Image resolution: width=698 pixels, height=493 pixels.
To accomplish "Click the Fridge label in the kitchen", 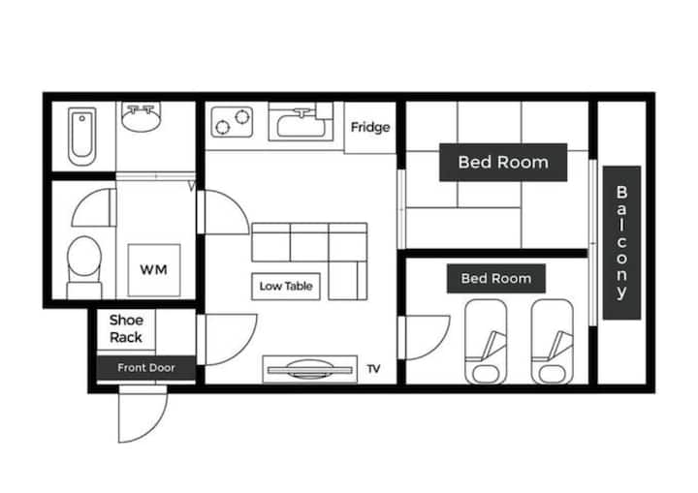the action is coord(370,127).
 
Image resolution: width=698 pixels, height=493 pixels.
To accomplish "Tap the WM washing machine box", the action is coord(154,270).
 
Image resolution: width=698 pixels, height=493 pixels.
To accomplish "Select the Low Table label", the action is coord(286,286).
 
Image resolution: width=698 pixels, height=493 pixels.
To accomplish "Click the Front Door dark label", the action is coord(146,368).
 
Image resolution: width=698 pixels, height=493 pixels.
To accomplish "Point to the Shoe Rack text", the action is coord(126,328).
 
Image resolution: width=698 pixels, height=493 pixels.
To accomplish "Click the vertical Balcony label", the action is coord(621,242).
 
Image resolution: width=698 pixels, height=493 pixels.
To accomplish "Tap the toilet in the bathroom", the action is coord(84,267).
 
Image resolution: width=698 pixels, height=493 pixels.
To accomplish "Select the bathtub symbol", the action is coord(81,137).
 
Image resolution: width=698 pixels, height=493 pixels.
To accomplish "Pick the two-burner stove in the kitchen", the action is coord(232,121).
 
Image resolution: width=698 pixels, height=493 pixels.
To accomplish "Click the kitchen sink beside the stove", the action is coord(301,122).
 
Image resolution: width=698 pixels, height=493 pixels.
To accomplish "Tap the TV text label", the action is coord(373,369).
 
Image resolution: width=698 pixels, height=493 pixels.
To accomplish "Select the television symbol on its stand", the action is coord(310,369).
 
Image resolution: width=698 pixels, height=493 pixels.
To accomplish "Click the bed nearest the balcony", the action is coord(553,342).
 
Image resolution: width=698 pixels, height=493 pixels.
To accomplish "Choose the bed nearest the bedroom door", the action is coord(486,342).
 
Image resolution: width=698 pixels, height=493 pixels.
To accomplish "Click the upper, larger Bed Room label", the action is coord(503,163).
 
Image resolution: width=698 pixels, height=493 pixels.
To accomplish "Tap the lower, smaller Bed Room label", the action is coord(496,279).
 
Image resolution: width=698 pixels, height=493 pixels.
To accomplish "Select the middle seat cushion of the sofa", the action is coord(309,242).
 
